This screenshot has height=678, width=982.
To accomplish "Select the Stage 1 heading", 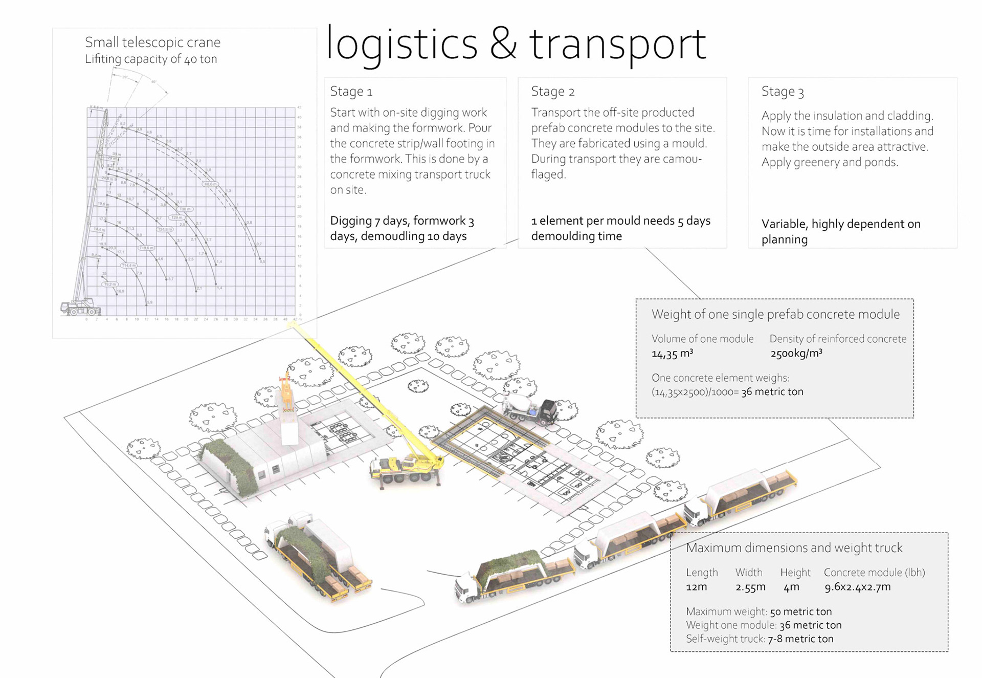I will [x=351, y=92].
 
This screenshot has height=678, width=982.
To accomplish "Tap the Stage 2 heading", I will [x=552, y=92].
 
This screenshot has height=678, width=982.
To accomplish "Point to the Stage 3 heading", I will [x=782, y=92].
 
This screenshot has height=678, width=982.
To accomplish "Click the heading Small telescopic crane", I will [x=152, y=42].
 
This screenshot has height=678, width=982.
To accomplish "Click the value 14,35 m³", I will [x=672, y=354].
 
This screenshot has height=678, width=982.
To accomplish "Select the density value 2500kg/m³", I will [x=796, y=354].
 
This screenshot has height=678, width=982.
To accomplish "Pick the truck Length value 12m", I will [x=696, y=587].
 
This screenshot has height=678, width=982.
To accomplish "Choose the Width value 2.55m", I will [x=750, y=587].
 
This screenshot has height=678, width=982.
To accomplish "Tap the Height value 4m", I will [x=791, y=587].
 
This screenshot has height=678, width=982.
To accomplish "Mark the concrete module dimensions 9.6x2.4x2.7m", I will [x=857, y=587].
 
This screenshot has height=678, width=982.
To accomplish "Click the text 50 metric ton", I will [x=800, y=611].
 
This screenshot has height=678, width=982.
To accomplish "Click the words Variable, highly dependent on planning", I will [x=840, y=231].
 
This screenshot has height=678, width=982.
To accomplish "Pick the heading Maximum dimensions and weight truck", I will [x=794, y=548].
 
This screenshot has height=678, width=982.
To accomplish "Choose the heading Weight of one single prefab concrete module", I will [x=775, y=314].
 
